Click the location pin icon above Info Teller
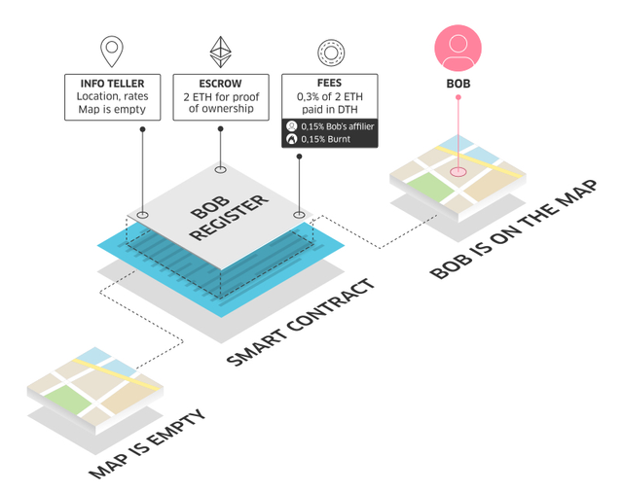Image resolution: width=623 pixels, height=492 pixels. point(112,52)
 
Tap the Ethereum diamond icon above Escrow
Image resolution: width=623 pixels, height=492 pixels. point(221,52)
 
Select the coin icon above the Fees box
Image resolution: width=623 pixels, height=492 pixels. point(331,53)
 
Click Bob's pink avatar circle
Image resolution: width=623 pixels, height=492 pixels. point(458,48)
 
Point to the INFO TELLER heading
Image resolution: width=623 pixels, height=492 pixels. point(113,84)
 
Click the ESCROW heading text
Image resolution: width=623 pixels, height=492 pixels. point(221,84)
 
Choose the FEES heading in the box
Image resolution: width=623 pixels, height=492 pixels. point(329,83)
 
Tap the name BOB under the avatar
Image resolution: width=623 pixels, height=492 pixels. point(458,84)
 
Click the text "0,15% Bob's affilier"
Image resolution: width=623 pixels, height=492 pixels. point(338,126)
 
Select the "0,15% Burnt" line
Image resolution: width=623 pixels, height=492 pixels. point(326,139)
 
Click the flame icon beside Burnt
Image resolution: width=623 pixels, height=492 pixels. point(292,139)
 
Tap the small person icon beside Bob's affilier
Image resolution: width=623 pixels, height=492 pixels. point(292,126)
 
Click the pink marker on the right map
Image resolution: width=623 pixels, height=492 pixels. point(458,172)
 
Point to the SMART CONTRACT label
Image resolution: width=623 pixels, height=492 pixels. point(301,322)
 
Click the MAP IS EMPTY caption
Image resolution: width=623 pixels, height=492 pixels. point(147,444)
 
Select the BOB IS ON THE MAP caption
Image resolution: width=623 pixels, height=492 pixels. point(514,229)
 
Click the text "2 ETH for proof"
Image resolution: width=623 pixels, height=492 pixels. point(221,97)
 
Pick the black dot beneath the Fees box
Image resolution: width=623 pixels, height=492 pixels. point(299,157)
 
